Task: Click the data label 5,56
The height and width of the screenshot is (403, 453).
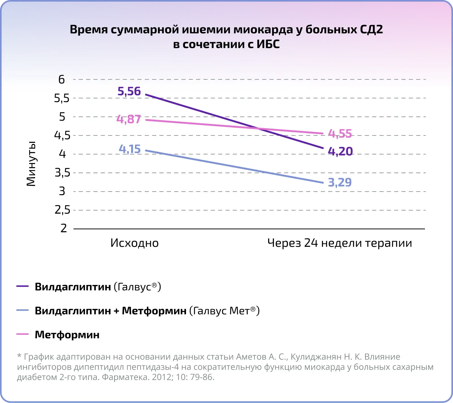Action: pos(129,91)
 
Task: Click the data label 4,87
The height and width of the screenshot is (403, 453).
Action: pos(129,119)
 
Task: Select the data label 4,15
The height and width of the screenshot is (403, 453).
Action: pos(130,149)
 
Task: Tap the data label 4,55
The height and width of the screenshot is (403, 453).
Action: pos(340,134)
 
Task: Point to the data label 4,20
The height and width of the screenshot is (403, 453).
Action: pos(340,151)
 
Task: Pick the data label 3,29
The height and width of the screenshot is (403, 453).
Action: pos(340,182)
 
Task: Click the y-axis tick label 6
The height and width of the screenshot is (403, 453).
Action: pos(61,80)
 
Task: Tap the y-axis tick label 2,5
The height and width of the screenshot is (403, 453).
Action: pos(62,210)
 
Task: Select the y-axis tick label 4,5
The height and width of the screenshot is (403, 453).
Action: pos(62,136)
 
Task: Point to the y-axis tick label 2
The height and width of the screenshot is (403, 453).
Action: pos(64,228)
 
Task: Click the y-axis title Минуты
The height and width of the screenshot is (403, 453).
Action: pos(31,164)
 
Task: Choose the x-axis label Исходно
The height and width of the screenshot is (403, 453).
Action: pos(134,243)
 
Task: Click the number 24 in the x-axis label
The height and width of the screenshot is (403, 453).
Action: pos(311,243)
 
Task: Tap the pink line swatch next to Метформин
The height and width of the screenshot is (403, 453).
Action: pos(23,334)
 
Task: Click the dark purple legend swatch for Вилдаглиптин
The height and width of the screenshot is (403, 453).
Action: pos(23,286)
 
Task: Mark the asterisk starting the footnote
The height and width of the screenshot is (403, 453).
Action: pos(19,356)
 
